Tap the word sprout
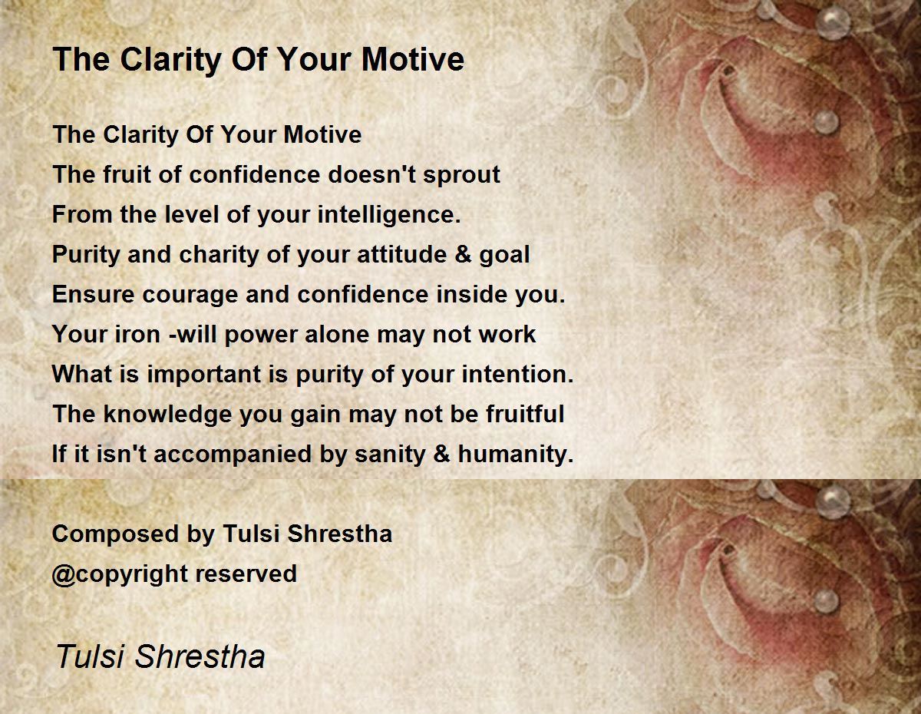(461, 176)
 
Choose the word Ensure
(93, 294)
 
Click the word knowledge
(167, 415)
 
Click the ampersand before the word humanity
(441, 454)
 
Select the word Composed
(115, 534)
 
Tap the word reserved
(246, 574)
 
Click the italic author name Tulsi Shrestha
(160, 656)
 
